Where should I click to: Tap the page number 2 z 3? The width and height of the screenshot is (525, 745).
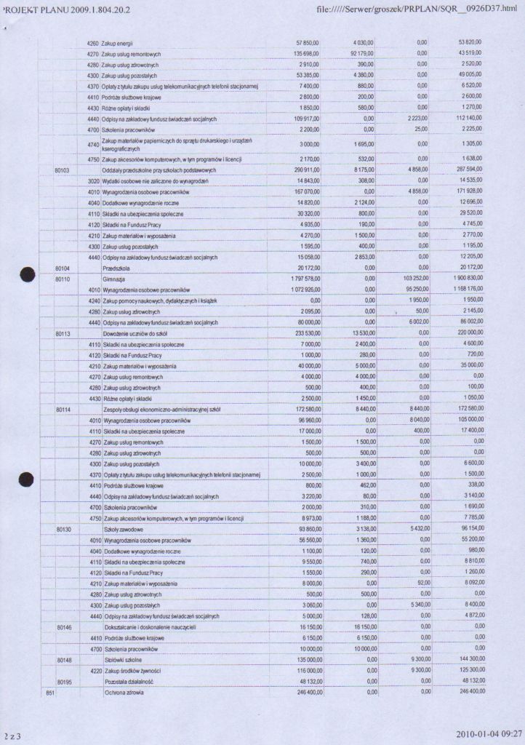pyautogui.click(x=12, y=736)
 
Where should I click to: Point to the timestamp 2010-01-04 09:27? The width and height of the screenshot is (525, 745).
pyautogui.click(x=489, y=733)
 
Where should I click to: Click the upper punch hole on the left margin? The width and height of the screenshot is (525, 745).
pyautogui.click(x=28, y=274)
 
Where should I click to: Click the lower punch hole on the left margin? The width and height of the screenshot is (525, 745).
pyautogui.click(x=27, y=479)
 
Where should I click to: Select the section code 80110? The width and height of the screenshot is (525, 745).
pyautogui.click(x=63, y=279)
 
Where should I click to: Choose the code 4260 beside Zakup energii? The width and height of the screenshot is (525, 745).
pyautogui.click(x=92, y=44)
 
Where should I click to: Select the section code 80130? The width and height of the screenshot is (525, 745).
pyautogui.click(x=63, y=530)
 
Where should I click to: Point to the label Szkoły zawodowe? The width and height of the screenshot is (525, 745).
pyautogui.click(x=122, y=530)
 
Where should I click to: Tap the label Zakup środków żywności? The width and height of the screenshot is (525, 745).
pyautogui.click(x=132, y=670)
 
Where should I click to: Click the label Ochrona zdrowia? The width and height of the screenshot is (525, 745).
pyautogui.click(x=124, y=692)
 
